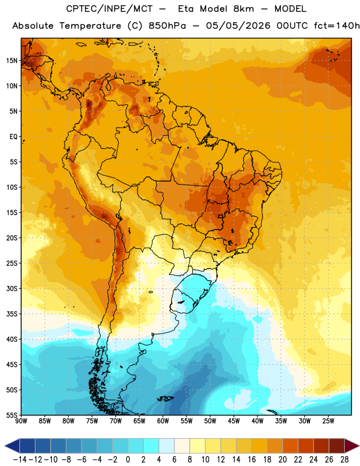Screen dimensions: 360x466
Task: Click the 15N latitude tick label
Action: (12, 61)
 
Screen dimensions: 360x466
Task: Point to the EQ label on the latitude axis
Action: (13, 137)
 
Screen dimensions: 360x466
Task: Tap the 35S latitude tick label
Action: (12, 314)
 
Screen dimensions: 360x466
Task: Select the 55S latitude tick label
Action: (12, 415)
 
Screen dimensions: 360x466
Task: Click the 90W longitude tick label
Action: (21, 421)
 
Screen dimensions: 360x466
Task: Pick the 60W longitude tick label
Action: (163, 421)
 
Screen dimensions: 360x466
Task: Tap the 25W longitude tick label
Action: (328, 421)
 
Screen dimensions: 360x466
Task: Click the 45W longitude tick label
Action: (234, 421)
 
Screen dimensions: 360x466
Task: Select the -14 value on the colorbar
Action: (20, 460)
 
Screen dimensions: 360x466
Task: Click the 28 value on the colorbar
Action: (344, 460)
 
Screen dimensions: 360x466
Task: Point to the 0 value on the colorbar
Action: (128, 460)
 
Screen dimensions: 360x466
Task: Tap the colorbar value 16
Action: (252, 460)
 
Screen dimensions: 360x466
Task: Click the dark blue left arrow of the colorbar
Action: (12, 446)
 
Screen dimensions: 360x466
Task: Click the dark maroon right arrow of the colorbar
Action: (352, 446)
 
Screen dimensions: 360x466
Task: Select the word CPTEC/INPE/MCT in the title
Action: (110, 9)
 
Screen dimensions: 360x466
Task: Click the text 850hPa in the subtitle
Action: (167, 26)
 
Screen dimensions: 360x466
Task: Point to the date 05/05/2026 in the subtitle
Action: (238, 26)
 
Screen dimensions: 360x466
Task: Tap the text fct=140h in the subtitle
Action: (337, 26)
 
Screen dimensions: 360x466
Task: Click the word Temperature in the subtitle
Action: (90, 26)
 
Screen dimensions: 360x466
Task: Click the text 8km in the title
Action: (243, 9)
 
